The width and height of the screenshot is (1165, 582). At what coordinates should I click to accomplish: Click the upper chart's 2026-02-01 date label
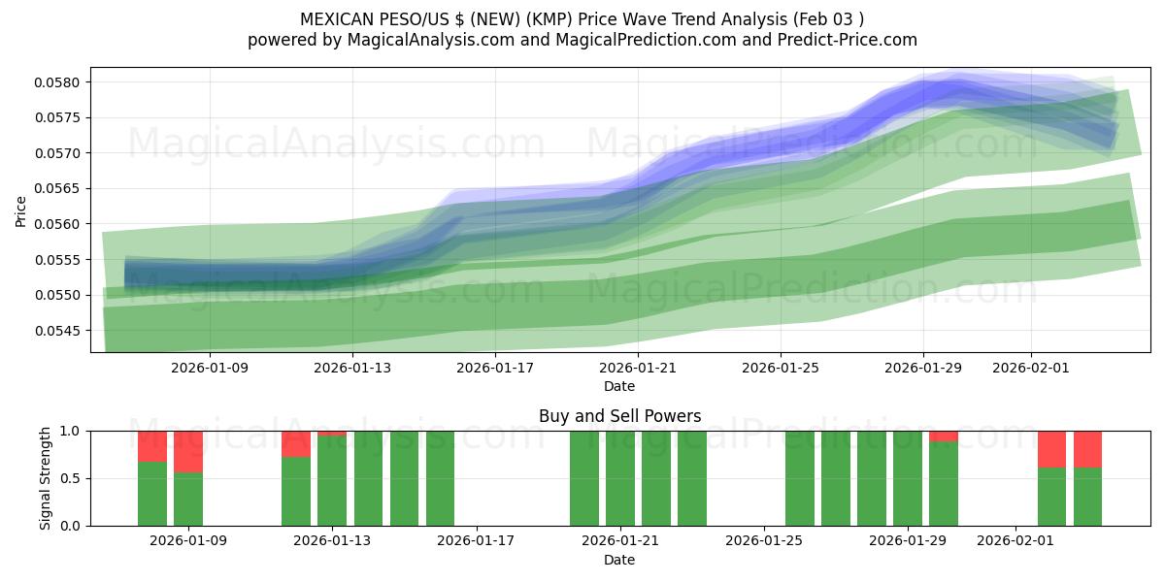(x=1031, y=368)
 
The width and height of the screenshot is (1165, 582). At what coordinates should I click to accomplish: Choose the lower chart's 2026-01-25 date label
(x=764, y=540)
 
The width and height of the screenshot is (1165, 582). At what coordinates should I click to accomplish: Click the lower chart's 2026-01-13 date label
(x=332, y=540)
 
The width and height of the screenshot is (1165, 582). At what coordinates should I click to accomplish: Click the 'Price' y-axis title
(x=21, y=210)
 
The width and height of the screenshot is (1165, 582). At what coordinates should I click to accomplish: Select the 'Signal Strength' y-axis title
(x=46, y=478)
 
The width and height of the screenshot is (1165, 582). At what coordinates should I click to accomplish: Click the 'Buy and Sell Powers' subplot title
(x=619, y=416)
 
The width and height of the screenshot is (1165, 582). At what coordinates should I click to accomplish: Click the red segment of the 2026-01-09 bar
(x=188, y=451)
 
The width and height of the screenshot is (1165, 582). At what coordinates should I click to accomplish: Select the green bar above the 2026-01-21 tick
(x=620, y=478)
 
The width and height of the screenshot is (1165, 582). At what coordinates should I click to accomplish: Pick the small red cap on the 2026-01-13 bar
(x=332, y=433)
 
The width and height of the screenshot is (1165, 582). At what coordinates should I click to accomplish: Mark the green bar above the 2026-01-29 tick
(x=908, y=478)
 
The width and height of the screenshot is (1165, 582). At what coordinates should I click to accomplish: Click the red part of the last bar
(x=1087, y=448)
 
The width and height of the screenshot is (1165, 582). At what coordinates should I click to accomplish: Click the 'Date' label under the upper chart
(x=619, y=386)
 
